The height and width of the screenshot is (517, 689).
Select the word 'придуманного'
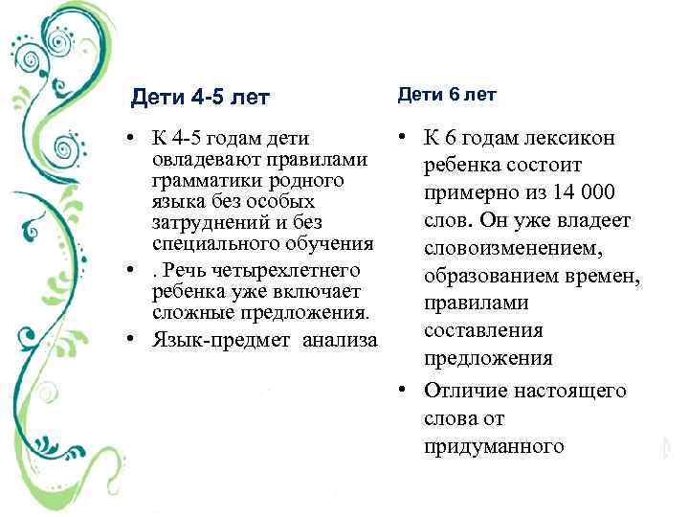coord(495,446)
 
